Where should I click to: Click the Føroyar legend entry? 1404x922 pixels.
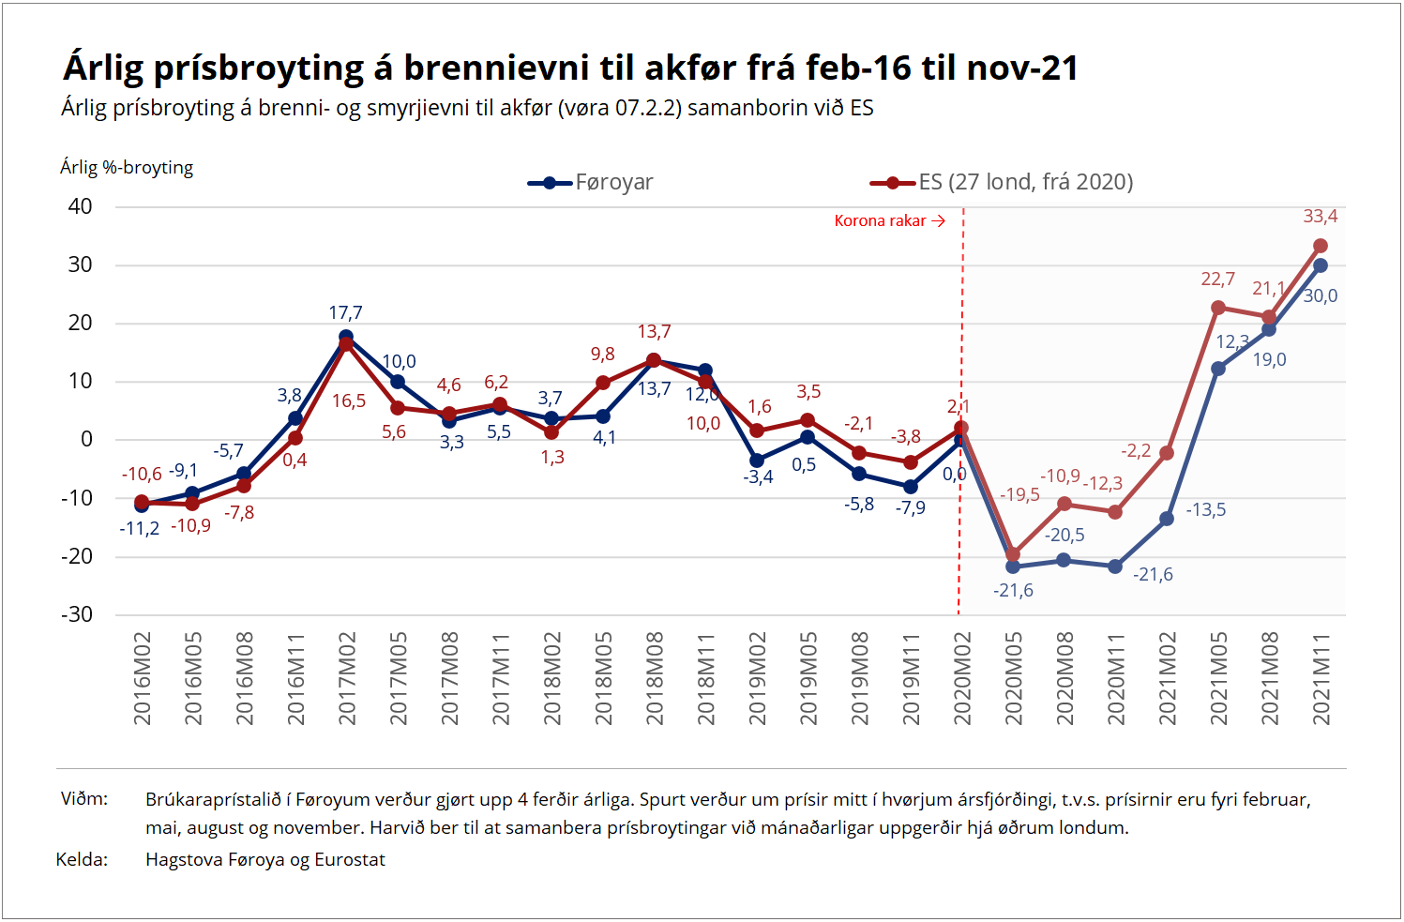tap(592, 182)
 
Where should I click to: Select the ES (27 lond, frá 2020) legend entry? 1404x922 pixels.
tap(1003, 182)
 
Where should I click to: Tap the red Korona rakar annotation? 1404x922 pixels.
tap(888, 221)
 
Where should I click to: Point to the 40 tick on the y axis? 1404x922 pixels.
tap(81, 206)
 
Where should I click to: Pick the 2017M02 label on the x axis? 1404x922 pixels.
tap(347, 678)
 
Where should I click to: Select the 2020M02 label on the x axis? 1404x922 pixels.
tap(962, 678)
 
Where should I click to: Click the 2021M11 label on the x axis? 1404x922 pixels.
tap(1321, 678)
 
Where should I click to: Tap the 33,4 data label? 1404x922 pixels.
tap(1321, 217)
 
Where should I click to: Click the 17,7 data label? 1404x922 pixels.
tap(345, 313)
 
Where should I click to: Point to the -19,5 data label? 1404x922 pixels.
tap(1019, 494)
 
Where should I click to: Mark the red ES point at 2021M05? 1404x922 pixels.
tap(1218, 308)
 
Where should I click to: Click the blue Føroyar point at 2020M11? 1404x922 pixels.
tap(1115, 567)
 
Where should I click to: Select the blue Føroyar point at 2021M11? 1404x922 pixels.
tap(1321, 265)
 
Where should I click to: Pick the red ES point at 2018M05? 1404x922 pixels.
tap(603, 383)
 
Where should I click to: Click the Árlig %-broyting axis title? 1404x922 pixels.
tap(127, 168)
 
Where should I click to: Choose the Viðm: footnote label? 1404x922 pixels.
tap(84, 799)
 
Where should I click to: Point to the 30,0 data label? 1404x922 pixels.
tap(1321, 296)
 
